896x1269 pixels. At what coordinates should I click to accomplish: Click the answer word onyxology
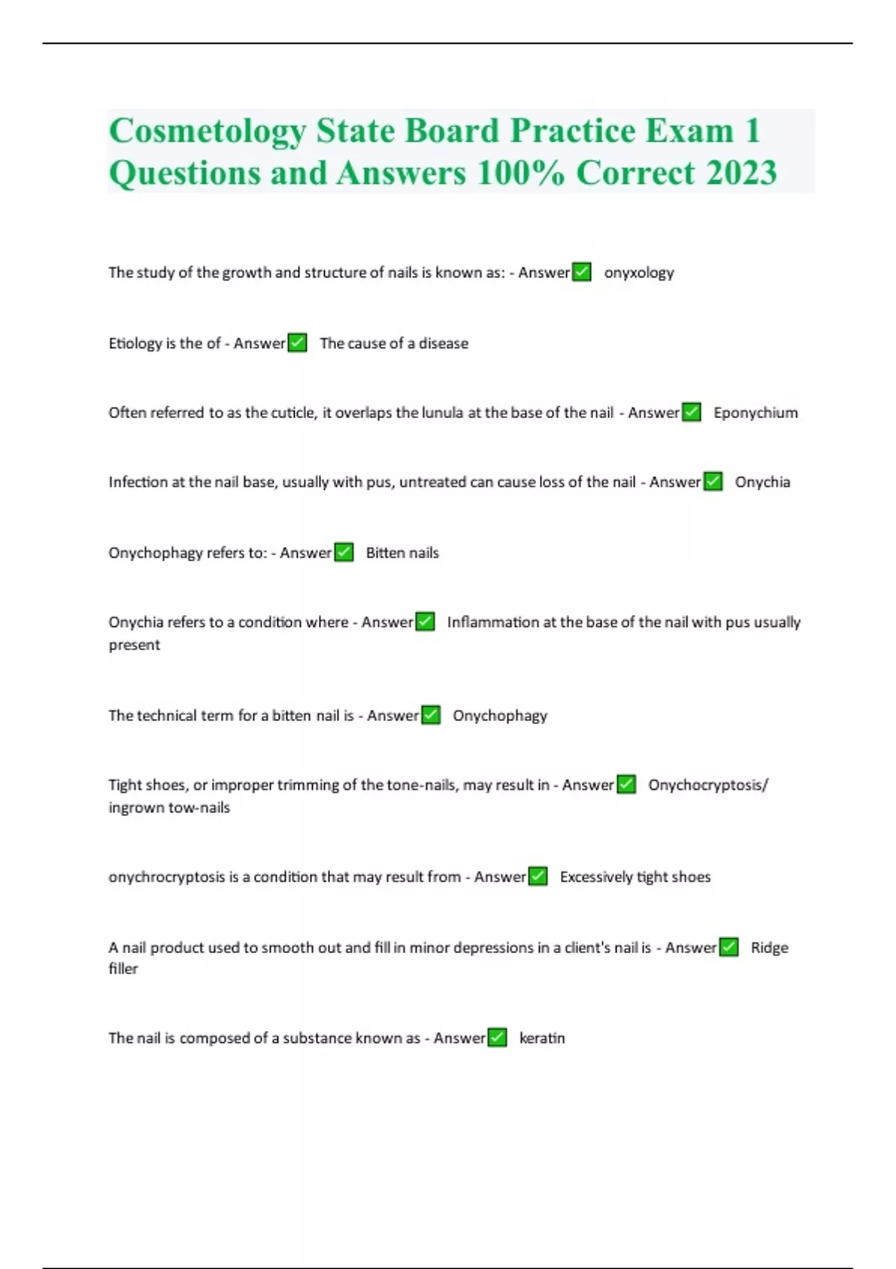click(638, 272)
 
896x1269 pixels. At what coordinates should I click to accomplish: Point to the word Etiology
click(135, 343)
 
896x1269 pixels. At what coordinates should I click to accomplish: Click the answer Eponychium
click(755, 413)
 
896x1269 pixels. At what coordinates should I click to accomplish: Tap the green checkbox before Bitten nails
click(344, 552)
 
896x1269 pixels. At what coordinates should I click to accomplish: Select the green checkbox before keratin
click(497, 1038)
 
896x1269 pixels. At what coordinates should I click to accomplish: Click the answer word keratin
click(542, 1038)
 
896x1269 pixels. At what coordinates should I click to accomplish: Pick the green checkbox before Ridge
click(729, 947)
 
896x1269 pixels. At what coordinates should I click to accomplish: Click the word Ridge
click(769, 947)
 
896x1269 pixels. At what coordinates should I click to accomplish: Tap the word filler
click(123, 969)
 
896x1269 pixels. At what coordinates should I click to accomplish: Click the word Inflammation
click(493, 622)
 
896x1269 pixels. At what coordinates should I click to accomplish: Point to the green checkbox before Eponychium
click(692, 412)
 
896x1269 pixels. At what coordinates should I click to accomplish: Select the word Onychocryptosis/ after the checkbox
click(708, 785)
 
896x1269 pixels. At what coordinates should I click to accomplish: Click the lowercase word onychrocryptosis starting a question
click(167, 877)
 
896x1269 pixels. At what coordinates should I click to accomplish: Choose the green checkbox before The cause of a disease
click(297, 343)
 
